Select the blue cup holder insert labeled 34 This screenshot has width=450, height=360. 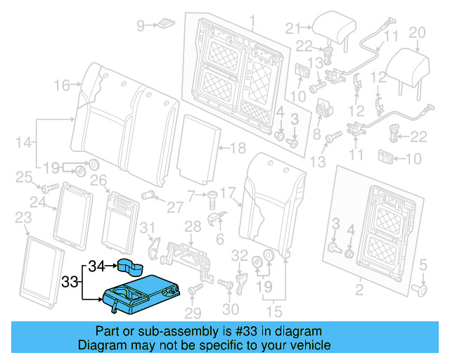132,266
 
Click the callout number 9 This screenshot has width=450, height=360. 140,26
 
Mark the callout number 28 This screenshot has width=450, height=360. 192,225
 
